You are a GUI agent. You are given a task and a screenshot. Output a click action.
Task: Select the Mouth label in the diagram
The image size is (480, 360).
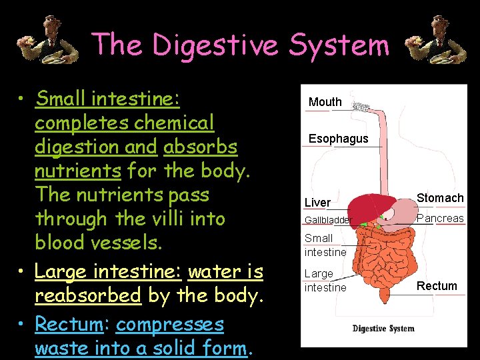coord(325,102)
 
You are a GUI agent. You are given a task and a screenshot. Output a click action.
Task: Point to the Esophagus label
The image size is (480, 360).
coord(338,139)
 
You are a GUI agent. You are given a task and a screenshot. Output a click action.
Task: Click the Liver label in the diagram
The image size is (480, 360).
coord(317,202)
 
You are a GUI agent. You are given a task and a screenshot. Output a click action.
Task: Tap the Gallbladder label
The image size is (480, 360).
coord(327,220)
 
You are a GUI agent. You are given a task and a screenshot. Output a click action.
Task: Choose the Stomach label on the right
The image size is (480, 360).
coord(440,198)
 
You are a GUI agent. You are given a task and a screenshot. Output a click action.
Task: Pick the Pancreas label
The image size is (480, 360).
coord(440,219)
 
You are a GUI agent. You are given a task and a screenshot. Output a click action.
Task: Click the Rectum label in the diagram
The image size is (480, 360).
coord(437,286)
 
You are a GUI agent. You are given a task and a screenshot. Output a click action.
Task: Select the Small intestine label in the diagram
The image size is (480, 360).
coord(325,245)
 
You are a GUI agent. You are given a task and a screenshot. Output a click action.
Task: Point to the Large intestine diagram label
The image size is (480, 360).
coord(325,280)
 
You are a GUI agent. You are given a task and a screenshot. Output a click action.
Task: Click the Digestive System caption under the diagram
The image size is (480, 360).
coord(383,328)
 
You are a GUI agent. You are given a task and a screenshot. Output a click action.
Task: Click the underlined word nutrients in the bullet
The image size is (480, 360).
coord(77,171)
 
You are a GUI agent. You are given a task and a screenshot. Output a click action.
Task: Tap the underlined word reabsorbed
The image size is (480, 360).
coord(87,295)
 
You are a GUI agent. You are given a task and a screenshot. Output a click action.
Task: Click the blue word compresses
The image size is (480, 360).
coord(170,324)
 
